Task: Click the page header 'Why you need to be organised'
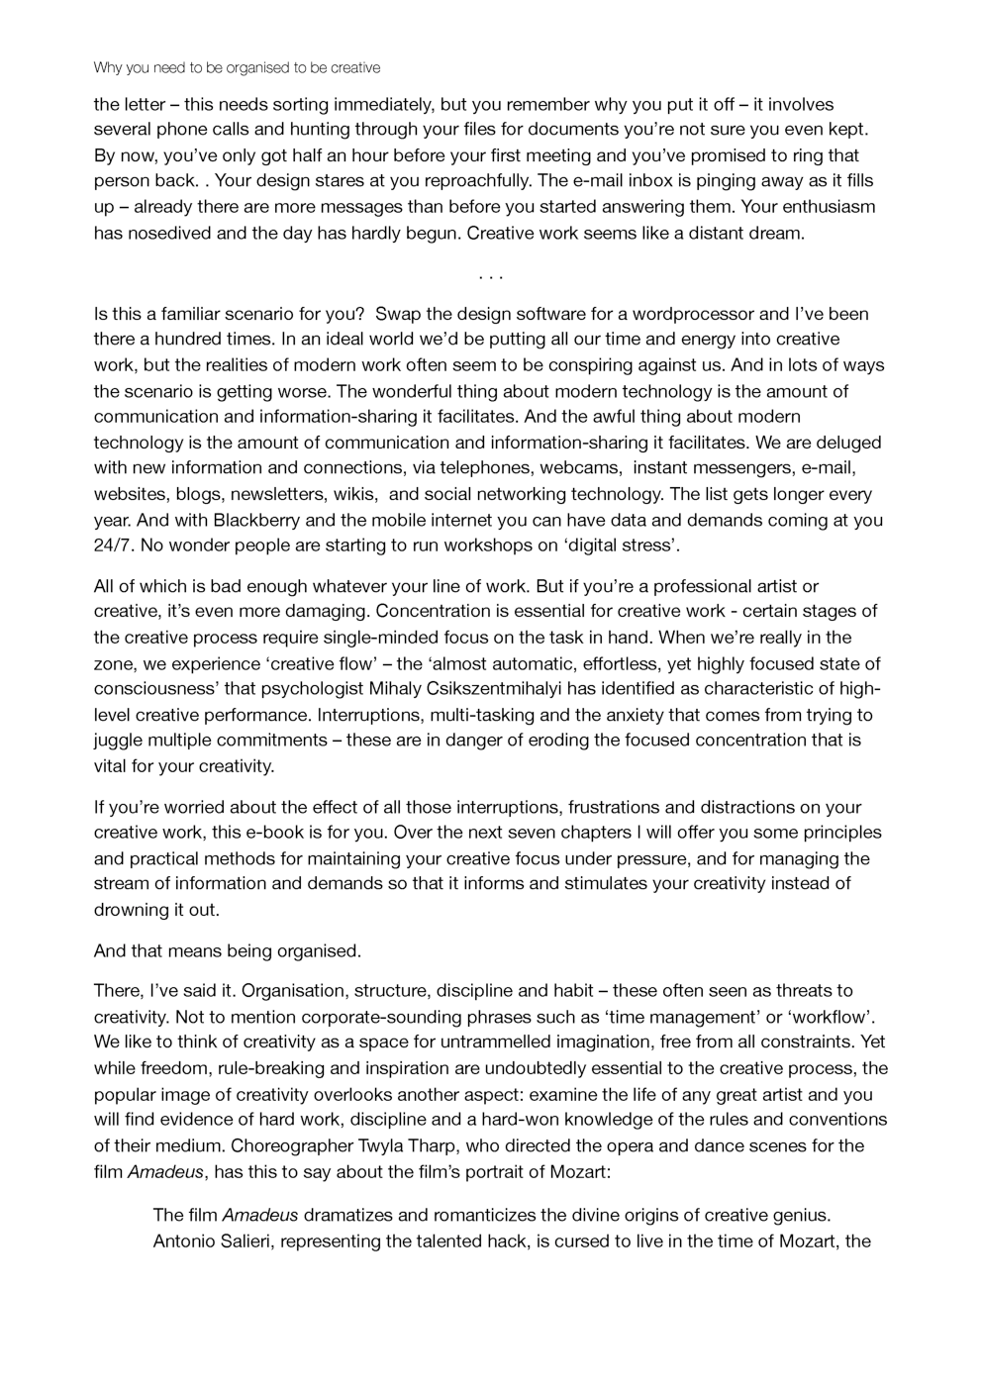237,68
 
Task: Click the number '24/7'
112,546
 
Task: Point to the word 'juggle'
119,741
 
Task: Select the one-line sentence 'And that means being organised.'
228,952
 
